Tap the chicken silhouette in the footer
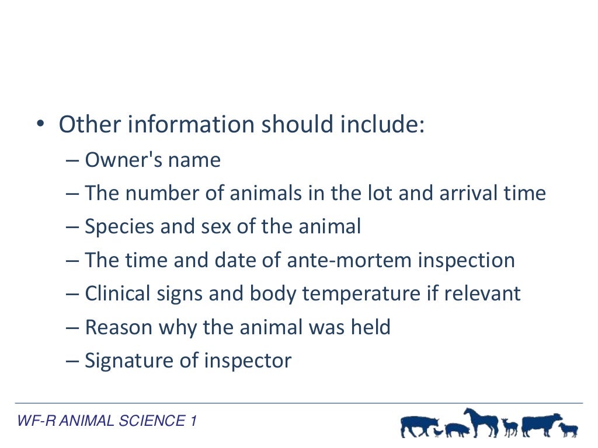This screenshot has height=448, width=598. point(438,432)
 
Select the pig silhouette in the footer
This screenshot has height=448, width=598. point(457,430)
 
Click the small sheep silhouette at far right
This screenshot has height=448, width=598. point(568,430)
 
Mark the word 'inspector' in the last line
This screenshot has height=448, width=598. point(248,361)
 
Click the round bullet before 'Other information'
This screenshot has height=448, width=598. point(40,124)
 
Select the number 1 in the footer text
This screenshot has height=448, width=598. point(193,421)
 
